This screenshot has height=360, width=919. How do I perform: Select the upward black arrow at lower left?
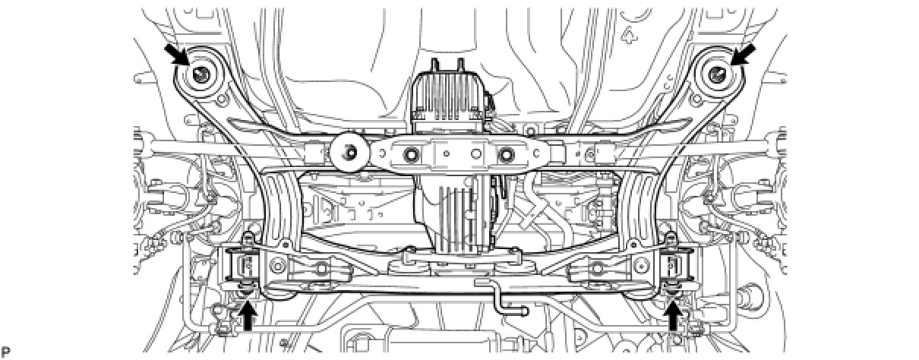248,315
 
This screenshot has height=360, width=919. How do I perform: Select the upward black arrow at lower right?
673,315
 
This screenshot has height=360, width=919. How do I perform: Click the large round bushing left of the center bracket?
349,153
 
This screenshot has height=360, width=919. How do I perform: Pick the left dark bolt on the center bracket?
411,155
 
